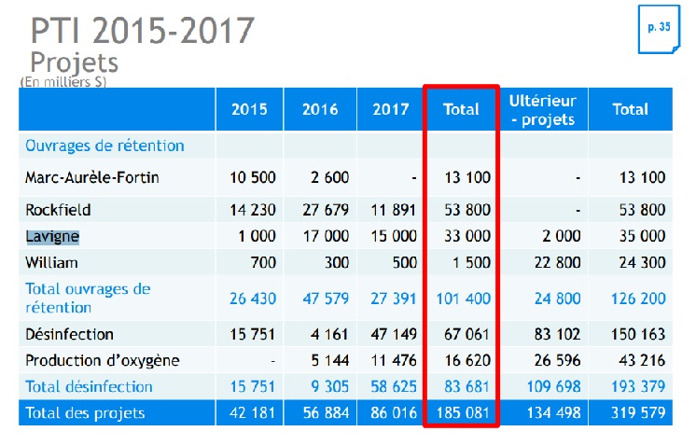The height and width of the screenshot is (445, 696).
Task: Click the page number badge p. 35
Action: [x=659, y=28]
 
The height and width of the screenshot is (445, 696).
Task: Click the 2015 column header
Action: [x=249, y=109]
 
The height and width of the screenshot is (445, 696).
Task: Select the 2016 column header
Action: [x=320, y=109]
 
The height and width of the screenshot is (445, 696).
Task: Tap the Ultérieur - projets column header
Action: [x=542, y=109]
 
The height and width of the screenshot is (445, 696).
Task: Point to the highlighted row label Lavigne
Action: [x=52, y=236]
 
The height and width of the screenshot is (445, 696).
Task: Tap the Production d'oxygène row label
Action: [x=103, y=360]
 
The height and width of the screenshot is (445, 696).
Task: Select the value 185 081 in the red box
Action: [x=464, y=412]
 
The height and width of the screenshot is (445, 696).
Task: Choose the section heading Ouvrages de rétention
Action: [x=104, y=146]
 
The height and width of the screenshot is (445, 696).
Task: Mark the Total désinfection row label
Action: [x=89, y=386]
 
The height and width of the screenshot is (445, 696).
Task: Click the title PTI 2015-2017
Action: [x=142, y=30]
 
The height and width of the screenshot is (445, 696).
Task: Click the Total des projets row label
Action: [x=86, y=412]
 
